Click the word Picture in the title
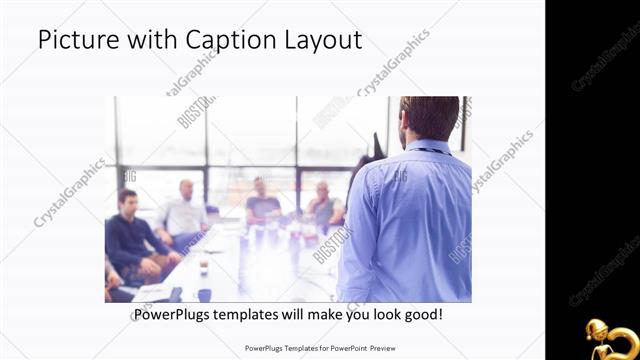tap(74, 40)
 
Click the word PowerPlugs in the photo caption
tap(173, 314)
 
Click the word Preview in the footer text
tap(379, 349)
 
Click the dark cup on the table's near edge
tap(203, 269)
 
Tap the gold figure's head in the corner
tap(597, 329)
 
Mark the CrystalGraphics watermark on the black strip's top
tap(605, 60)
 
